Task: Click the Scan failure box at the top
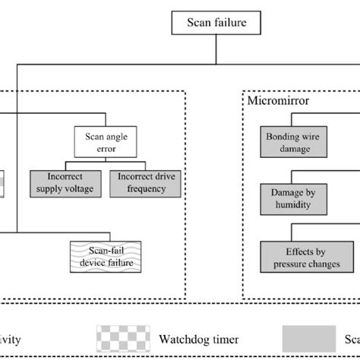(217, 22)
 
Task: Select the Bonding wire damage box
(288, 143)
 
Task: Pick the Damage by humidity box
(293, 199)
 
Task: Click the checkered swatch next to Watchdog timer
(125, 338)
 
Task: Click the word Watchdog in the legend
(186, 339)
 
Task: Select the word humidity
(293, 204)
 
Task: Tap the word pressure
(282, 264)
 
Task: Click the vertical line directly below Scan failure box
(217, 49)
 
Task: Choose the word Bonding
(283, 137)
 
